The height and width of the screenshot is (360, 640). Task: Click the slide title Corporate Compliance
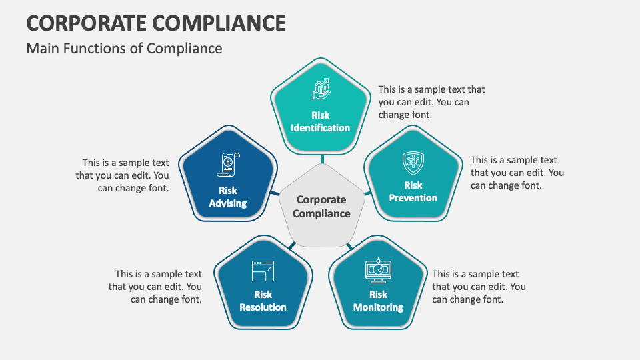(156, 22)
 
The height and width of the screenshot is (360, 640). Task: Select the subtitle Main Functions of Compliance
(124, 49)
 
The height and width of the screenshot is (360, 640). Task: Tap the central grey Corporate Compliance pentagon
(322, 207)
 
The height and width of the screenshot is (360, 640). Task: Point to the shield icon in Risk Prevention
(413, 163)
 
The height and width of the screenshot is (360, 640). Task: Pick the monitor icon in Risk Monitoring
(378, 270)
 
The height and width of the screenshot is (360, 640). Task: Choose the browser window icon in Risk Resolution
(263, 271)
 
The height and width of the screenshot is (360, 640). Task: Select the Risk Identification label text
(321, 121)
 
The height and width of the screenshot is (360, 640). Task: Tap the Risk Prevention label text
(413, 191)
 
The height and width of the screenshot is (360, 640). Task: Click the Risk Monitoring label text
(378, 301)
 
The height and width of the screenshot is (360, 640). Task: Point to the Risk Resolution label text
(263, 301)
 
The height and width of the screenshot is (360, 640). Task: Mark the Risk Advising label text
(228, 197)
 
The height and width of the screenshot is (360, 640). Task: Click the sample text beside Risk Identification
(431, 102)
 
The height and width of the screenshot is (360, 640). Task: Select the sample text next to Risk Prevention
(517, 173)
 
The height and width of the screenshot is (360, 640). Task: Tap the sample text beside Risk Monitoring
(478, 287)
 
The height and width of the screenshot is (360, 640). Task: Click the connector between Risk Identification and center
(322, 159)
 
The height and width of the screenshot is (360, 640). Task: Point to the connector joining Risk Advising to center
(275, 194)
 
